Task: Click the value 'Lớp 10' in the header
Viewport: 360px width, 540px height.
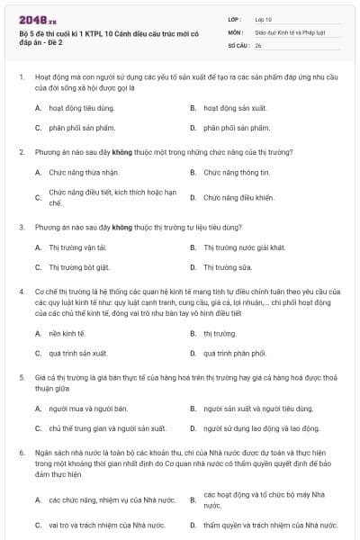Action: pos(265,18)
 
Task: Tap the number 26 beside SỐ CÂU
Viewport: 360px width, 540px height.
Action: pos(258,43)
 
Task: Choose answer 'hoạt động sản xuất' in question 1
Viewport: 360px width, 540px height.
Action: pos(236,107)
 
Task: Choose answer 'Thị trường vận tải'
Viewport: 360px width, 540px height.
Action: pos(78,247)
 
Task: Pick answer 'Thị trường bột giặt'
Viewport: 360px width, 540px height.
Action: pos(79,267)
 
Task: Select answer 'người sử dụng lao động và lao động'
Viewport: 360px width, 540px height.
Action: pos(261,428)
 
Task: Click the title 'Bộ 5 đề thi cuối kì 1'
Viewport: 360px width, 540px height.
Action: pos(108,35)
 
